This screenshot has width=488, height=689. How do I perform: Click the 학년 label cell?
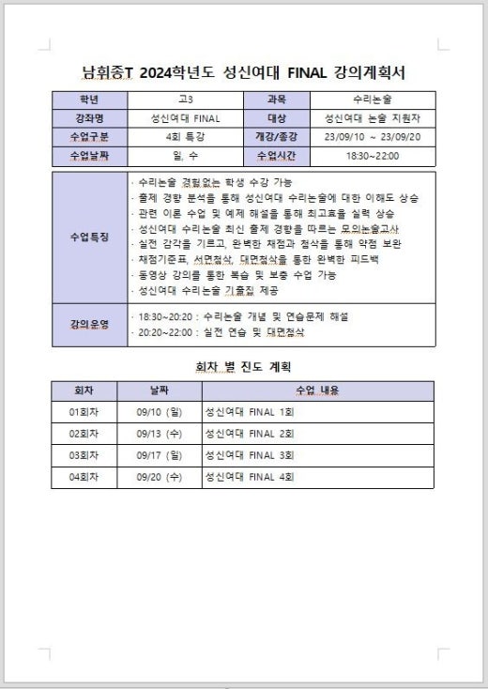pos(89,100)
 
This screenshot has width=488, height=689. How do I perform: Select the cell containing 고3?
pos(185,100)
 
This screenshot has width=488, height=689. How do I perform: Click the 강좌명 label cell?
pos(89,118)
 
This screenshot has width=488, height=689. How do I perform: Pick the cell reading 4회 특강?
pos(185,136)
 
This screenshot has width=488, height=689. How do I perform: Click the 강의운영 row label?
pos(89,324)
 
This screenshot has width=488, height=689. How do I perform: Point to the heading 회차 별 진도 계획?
pos(243,366)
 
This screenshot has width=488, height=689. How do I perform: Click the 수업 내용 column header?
pos(317,390)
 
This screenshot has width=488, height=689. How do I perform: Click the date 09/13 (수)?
pos(159,434)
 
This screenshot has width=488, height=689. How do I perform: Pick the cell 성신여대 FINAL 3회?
pos(250,455)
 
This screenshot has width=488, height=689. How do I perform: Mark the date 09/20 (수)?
pos(159,477)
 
